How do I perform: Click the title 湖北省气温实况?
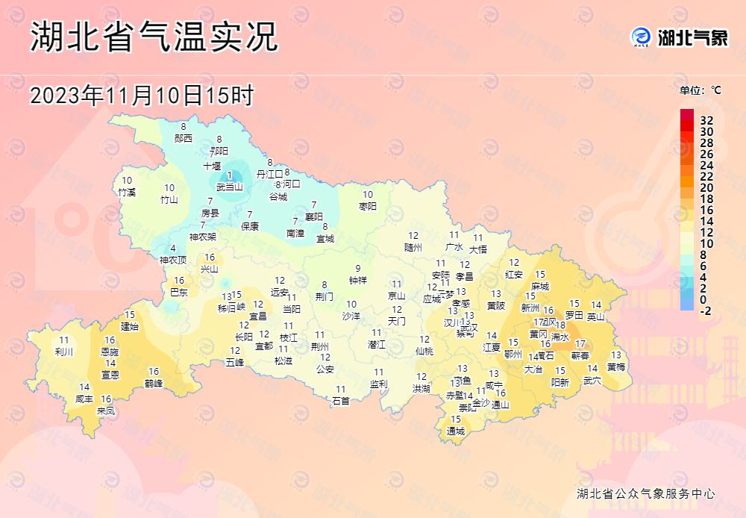(154, 37)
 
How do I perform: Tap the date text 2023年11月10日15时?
(142, 96)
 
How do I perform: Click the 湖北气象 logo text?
(692, 37)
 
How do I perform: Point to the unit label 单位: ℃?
(700, 90)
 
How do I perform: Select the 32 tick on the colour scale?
(706, 120)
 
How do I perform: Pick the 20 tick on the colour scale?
(706, 187)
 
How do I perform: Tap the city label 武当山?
(229, 187)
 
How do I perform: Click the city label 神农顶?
(173, 260)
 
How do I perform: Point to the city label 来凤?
(106, 410)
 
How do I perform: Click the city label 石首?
(341, 400)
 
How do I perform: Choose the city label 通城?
(455, 431)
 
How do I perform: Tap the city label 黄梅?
(616, 366)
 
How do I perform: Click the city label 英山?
(595, 316)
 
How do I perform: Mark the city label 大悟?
(477, 249)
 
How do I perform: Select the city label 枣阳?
(368, 205)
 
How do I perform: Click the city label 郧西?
(184, 138)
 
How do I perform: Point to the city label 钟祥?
(358, 280)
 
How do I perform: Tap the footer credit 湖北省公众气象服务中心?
(646, 493)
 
